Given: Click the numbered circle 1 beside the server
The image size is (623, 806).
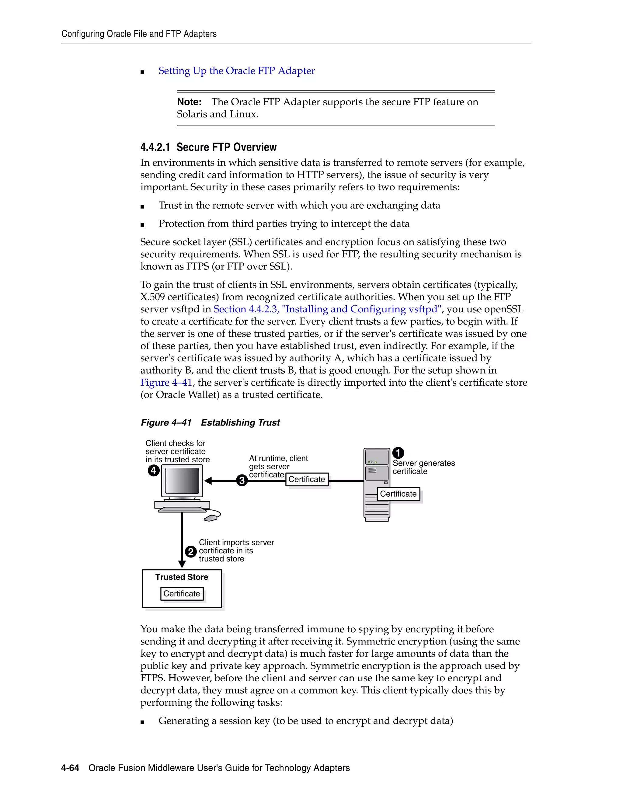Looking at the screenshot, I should (398, 453).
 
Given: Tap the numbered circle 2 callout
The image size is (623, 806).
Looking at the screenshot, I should (190, 552).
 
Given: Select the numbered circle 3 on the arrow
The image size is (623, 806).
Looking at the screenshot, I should (242, 481).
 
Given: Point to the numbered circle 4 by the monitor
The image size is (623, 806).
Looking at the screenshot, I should (154, 471).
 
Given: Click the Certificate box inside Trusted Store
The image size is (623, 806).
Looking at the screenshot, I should (182, 593).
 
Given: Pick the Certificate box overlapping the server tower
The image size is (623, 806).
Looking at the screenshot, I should (398, 494).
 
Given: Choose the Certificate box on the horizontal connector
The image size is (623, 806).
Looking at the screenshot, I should (307, 479).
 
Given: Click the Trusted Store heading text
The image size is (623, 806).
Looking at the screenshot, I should (182, 577).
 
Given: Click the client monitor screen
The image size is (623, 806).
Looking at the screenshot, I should (182, 481).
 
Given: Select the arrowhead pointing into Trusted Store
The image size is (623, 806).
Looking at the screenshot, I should (182, 564).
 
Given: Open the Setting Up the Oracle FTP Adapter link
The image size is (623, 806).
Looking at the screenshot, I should (237, 71).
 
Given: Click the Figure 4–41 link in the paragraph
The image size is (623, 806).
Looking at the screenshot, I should (166, 382).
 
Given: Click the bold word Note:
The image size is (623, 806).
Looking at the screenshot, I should (189, 102).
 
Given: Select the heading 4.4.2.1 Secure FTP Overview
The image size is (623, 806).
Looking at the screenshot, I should (208, 147).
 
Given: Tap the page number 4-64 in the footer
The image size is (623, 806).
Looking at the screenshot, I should (70, 768).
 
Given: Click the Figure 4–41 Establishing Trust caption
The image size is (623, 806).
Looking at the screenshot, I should (211, 422).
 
